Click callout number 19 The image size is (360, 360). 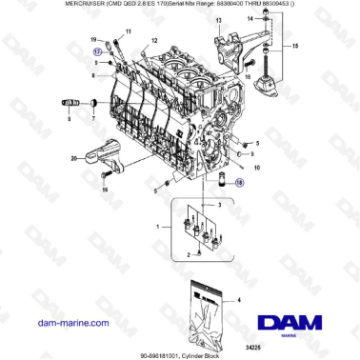click(x=94, y=39)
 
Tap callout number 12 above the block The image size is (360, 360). click(x=153, y=43)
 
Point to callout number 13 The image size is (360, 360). click(x=218, y=19)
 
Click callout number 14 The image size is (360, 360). click(x=251, y=19)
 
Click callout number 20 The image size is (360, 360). click(x=73, y=158)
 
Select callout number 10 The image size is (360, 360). click(x=256, y=166)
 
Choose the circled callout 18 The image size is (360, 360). click(x=239, y=180)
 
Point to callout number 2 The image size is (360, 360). click(x=187, y=257)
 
